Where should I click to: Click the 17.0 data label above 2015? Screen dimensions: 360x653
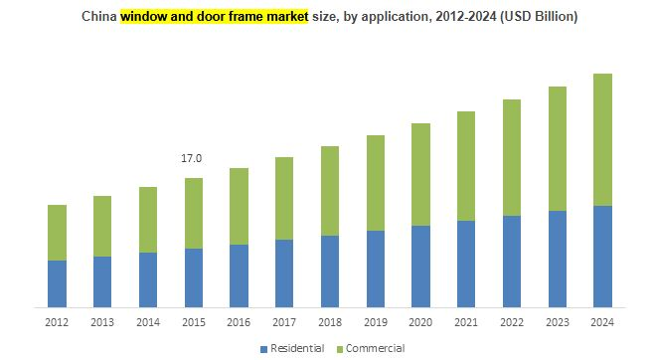click(x=192, y=158)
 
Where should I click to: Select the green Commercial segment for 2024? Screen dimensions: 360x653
click(x=601, y=139)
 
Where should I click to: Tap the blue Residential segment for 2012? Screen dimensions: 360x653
click(x=57, y=283)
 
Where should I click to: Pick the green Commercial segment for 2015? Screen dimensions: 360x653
click(x=193, y=213)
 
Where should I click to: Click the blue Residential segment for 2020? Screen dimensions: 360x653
click(x=420, y=266)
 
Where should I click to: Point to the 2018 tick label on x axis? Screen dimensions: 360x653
click(x=329, y=322)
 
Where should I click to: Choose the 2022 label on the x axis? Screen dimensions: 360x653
click(x=511, y=322)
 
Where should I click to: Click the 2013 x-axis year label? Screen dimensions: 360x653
click(x=102, y=322)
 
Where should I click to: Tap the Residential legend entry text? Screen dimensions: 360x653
click(x=298, y=348)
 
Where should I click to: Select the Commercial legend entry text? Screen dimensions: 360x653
click(x=375, y=348)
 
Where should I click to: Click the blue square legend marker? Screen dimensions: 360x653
click(x=264, y=349)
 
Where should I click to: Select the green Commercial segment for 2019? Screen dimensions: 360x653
click(x=375, y=183)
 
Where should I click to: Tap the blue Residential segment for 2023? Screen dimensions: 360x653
click(x=557, y=259)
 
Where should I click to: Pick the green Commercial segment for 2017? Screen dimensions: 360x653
click(x=284, y=198)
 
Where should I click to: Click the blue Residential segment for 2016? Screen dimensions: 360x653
click(x=239, y=275)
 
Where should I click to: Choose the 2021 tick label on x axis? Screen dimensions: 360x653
click(x=465, y=322)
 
